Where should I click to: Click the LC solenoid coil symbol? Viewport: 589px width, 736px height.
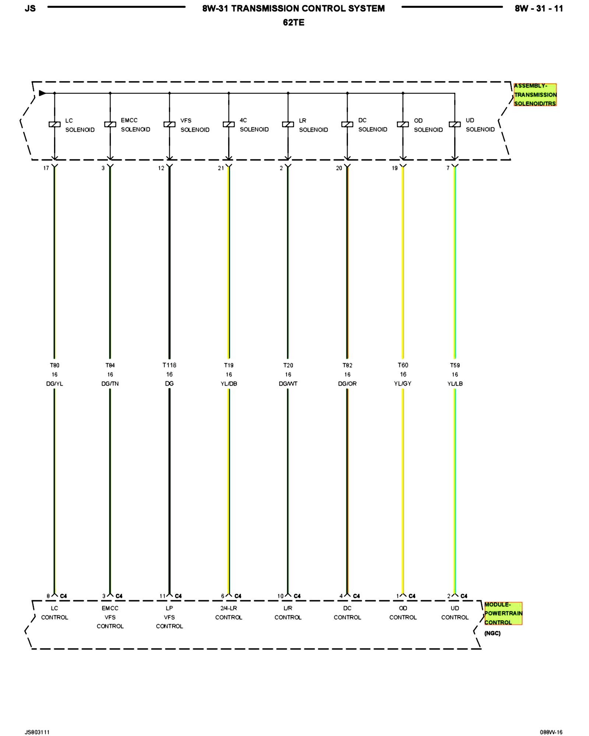tap(54, 124)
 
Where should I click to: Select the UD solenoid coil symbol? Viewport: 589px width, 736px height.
tap(455, 124)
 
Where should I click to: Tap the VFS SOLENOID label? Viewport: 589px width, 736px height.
tap(195, 125)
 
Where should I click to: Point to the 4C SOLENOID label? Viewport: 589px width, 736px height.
tap(254, 125)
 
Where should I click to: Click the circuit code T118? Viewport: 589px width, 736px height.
tap(169, 365)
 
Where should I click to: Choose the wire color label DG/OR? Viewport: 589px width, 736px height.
tap(347, 383)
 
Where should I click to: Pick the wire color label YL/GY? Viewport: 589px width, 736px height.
tap(403, 383)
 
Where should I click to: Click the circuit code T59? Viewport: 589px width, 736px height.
tap(455, 365)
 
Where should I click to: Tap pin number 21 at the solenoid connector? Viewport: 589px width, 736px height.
tap(221, 168)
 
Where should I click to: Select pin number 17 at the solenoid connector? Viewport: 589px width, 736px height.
tap(46, 168)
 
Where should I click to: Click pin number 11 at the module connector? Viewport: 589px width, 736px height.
tap(162, 596)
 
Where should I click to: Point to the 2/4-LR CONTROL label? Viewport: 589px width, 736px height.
tap(229, 613)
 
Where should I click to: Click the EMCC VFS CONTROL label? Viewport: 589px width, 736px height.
tap(110, 617)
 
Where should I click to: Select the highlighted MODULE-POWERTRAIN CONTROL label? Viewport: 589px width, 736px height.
tap(503, 613)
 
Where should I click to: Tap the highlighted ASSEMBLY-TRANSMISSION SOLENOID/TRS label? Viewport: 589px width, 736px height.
tap(535, 95)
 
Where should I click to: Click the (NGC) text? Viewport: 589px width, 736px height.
tap(492, 633)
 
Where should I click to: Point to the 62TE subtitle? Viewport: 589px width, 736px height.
tap(293, 22)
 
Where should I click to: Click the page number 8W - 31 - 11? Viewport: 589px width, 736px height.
tap(539, 8)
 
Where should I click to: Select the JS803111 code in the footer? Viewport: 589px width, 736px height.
tap(37, 732)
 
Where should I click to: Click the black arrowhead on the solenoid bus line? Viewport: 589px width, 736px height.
tap(42, 93)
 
